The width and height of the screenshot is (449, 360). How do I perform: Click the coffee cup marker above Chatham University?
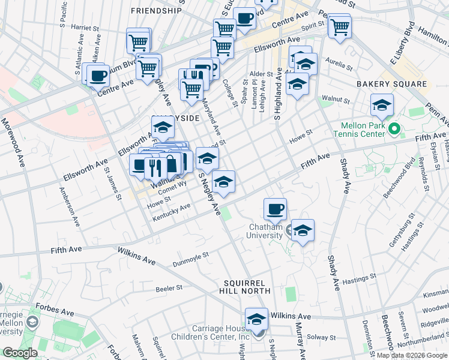pyautogui.click(x=275, y=209)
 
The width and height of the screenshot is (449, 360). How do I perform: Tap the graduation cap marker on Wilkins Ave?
pyautogui.click(x=256, y=319)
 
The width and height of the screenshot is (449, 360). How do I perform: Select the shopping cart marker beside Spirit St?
pyautogui.click(x=340, y=26)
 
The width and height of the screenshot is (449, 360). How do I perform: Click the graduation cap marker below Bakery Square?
pyautogui.click(x=382, y=106)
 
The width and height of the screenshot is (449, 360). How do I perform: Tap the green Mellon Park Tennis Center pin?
pyautogui.click(x=394, y=129)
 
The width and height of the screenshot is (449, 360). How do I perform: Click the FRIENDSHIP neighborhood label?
pyautogui.click(x=155, y=11)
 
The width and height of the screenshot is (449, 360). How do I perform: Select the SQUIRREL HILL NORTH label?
pyautogui.click(x=248, y=286)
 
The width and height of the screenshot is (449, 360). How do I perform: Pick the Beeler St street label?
pyautogui.click(x=169, y=288)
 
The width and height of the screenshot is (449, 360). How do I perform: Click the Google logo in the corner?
pyautogui.click(x=20, y=353)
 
